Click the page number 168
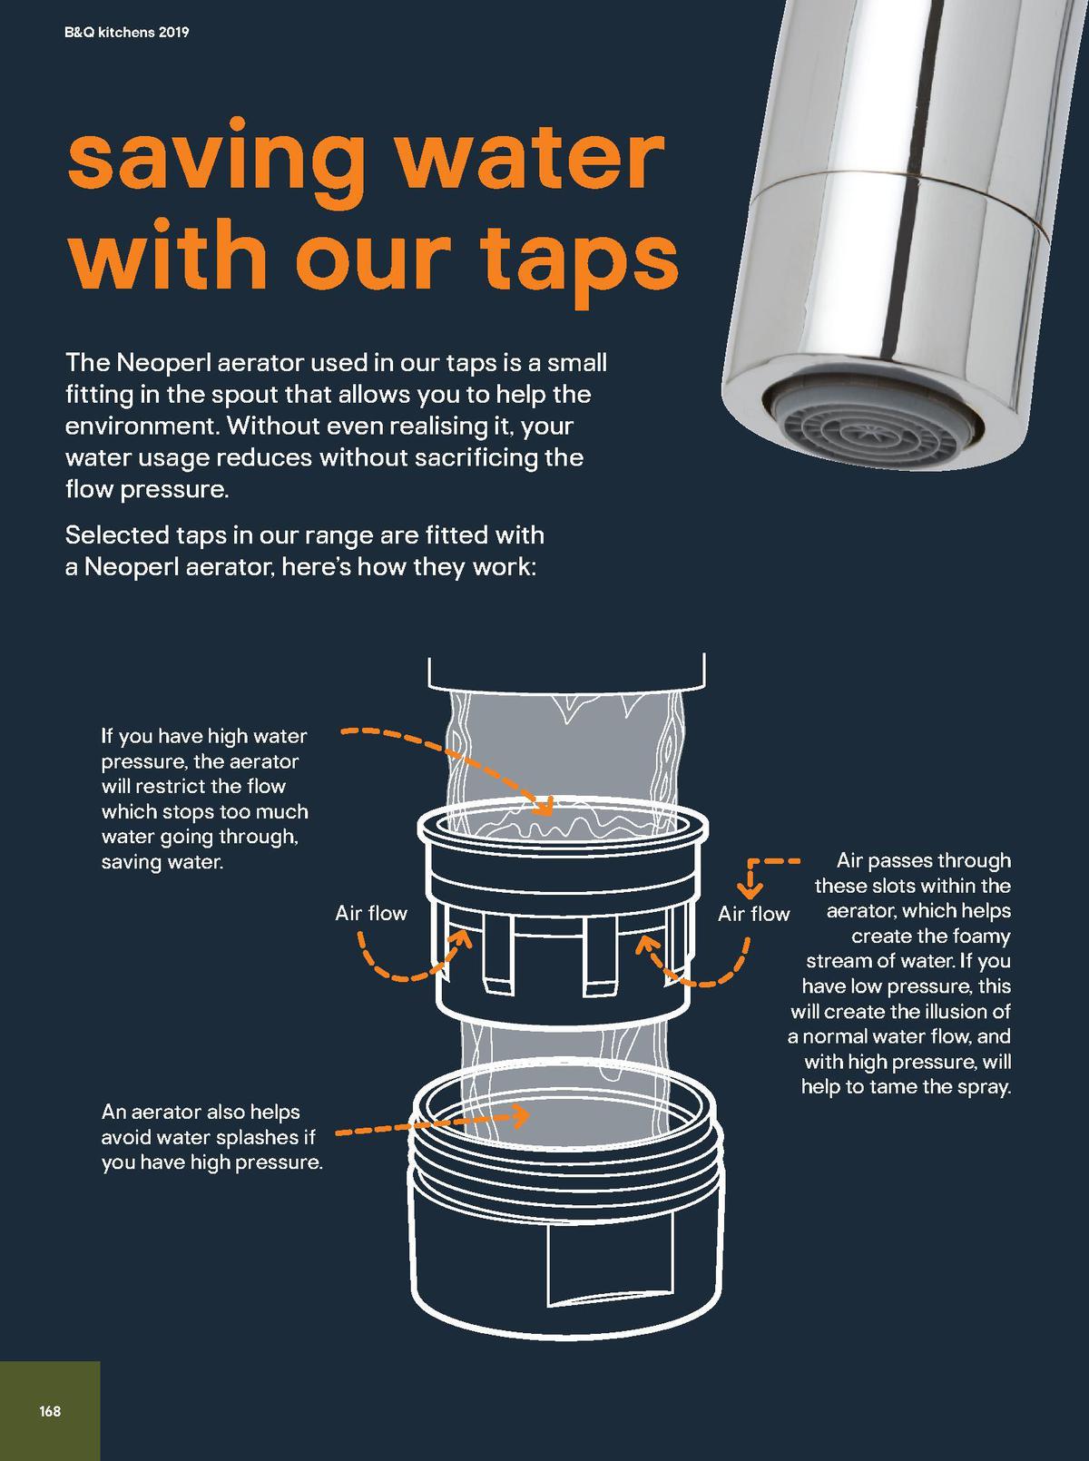(50, 1411)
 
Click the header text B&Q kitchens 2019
(127, 34)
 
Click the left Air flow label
(370, 913)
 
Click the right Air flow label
(753, 914)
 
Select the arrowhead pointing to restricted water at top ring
(543, 804)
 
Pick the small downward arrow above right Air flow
(752, 889)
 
